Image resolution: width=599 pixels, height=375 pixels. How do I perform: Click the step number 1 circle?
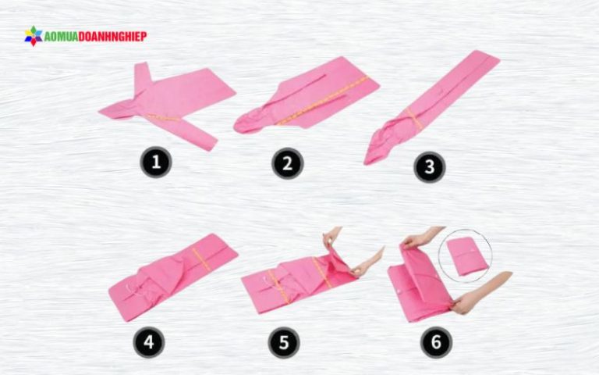156,162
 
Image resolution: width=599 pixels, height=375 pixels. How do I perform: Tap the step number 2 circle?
288,163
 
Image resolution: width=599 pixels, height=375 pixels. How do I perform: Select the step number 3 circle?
430,167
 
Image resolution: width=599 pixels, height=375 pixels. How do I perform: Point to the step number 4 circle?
149,341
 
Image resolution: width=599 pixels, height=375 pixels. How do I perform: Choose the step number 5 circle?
284,342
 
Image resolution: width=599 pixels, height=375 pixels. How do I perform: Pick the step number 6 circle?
436,341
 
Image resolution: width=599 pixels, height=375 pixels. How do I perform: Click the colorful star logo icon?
34,36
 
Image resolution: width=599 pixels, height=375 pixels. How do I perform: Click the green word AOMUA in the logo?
61,37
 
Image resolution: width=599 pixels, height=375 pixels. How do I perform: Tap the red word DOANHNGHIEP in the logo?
112,37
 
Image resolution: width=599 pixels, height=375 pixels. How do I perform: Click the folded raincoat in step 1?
168,103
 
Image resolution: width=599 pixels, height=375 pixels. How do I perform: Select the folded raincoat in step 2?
306,95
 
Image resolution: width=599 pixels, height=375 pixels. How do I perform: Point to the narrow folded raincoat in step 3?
431,107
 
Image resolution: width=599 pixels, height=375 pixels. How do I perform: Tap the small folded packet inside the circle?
467,255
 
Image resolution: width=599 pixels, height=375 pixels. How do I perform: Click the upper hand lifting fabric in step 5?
331,235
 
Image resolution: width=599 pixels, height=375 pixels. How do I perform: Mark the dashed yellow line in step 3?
414,118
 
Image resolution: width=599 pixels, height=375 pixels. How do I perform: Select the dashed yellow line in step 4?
202,259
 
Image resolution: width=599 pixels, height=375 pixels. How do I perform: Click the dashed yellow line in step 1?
163,117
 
